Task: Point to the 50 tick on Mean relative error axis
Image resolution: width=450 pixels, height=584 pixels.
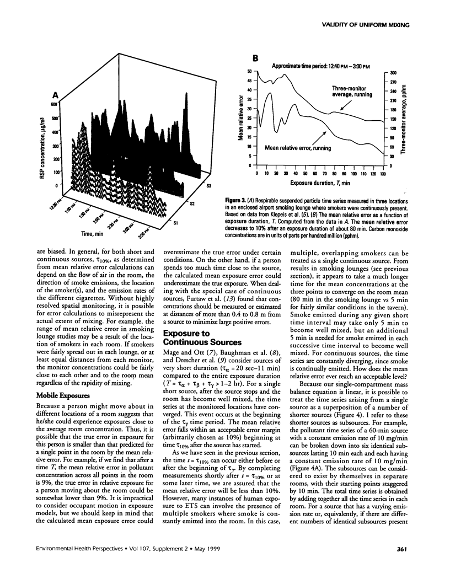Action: tap(249, 71)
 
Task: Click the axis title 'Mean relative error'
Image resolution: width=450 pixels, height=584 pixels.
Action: tap(242, 119)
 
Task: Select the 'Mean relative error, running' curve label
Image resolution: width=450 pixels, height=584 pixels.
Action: tap(296, 148)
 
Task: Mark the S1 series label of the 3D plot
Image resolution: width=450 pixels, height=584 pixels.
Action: tap(176, 223)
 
